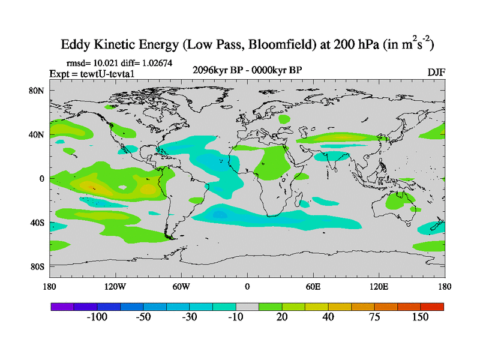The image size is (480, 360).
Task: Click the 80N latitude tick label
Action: tap(37, 91)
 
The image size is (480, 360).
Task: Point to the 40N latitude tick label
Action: tap(37, 135)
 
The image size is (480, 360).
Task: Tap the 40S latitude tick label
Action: tap(37, 223)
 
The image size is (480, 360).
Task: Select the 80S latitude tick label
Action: tap(37, 266)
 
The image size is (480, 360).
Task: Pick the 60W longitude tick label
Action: tap(181, 286)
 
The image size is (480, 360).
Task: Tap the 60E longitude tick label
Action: tap(313, 286)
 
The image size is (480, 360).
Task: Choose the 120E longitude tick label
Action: tap(379, 286)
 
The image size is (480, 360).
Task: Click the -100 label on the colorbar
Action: tap(95, 317)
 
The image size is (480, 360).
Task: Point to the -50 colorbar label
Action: tap(142, 317)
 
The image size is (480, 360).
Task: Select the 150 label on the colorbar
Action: tap(420, 317)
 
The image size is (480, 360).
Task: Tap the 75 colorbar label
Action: tap(374, 317)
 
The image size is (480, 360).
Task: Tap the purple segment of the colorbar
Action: tap(61, 306)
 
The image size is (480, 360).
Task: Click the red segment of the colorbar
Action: tap(432, 306)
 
